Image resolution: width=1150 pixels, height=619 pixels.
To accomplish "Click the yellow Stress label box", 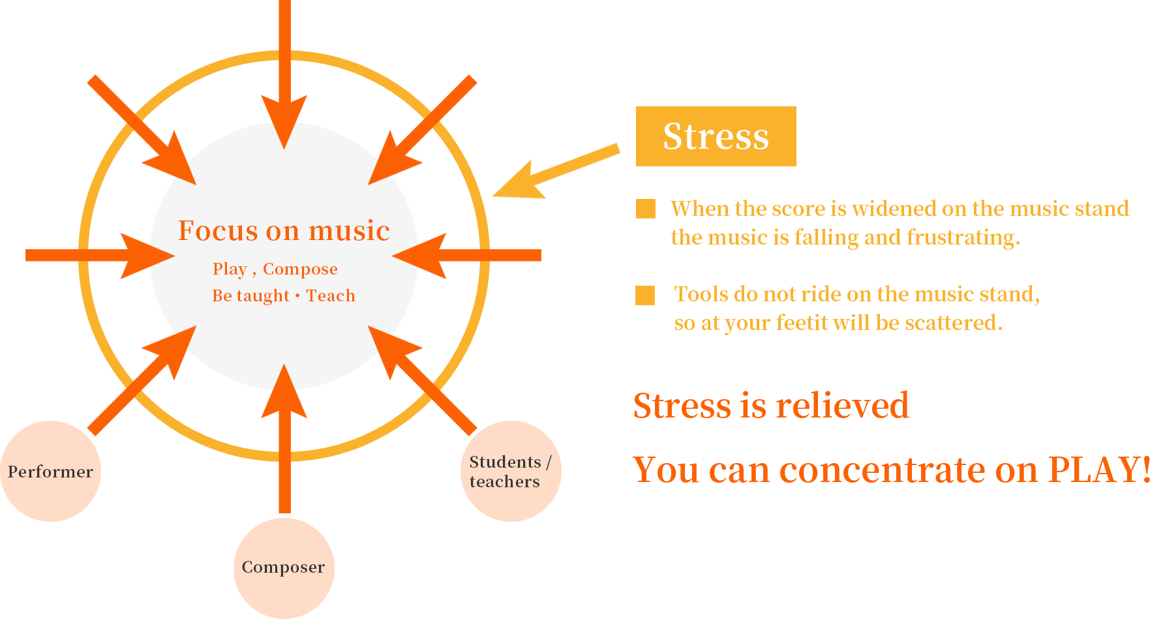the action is (x=716, y=136).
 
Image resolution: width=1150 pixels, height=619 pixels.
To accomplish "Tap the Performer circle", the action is (x=50, y=471).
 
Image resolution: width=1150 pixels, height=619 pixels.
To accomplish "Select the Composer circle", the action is (x=284, y=568).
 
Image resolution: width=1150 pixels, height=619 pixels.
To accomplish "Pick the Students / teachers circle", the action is (x=511, y=471).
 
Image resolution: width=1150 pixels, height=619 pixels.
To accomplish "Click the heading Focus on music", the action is (x=284, y=231).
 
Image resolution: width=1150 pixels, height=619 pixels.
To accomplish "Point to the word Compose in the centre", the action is (x=300, y=269).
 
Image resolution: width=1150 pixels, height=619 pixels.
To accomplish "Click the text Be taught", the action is (x=250, y=295).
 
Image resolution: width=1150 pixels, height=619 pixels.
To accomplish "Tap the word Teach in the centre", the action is (x=331, y=295).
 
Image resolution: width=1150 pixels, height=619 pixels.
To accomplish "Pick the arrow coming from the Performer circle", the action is (x=142, y=380).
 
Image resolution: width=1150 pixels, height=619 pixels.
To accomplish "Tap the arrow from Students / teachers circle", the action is (x=423, y=380).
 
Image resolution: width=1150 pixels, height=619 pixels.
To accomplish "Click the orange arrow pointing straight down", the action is (x=284, y=75).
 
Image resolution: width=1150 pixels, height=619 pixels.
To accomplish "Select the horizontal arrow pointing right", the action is (x=100, y=255).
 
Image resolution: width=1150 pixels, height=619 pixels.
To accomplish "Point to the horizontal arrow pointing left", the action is (x=466, y=255).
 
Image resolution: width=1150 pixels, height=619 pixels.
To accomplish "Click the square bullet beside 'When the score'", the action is (x=646, y=209).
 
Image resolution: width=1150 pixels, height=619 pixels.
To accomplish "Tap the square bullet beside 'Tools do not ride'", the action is (x=645, y=295).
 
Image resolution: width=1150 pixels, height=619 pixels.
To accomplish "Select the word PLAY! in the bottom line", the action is (x=1098, y=470).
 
